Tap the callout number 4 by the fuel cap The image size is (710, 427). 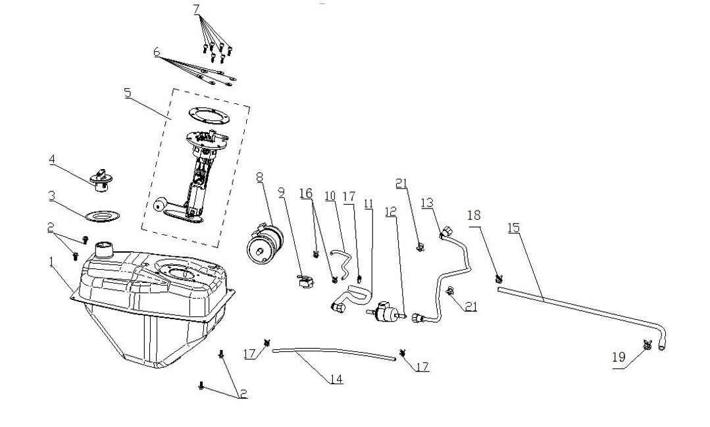(52, 160)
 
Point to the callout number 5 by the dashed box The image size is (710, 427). (128, 93)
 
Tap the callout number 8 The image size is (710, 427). (259, 177)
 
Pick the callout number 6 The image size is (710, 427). (157, 52)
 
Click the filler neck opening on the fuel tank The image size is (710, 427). (104, 250)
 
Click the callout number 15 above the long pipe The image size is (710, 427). (514, 227)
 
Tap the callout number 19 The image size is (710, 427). (619, 358)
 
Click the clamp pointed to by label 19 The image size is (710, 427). (647, 344)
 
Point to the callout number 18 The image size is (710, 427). (474, 215)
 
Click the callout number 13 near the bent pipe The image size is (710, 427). (428, 203)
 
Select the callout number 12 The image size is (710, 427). (391, 211)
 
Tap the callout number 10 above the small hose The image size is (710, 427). (330, 196)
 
